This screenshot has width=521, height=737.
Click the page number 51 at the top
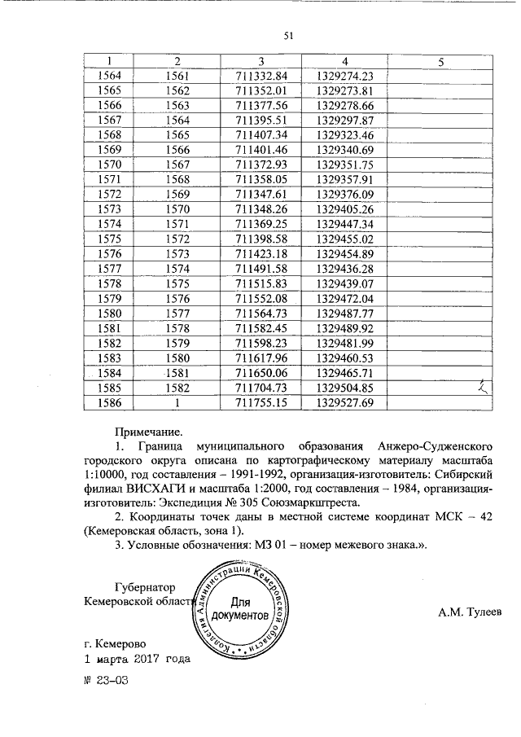[x=287, y=35]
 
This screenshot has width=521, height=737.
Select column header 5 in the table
[x=440, y=62]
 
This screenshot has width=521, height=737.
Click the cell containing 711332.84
[x=261, y=76]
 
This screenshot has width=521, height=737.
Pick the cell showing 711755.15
[x=261, y=402]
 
